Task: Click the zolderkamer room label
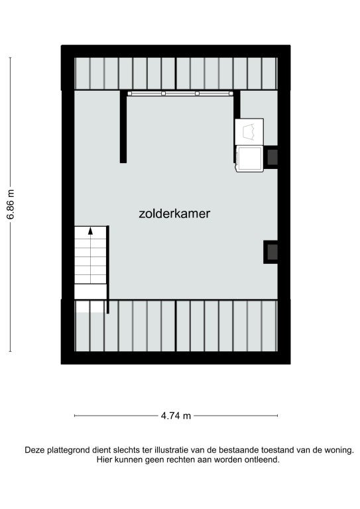[x=174, y=213]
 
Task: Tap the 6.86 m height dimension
[x=11, y=205]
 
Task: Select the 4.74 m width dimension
[x=176, y=416]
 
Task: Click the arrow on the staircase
[x=90, y=231]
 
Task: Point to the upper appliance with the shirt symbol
[x=249, y=132]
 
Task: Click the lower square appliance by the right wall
[x=249, y=158]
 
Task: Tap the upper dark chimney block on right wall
[x=270, y=158]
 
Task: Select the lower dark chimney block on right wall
[x=270, y=252]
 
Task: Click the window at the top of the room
[x=180, y=93]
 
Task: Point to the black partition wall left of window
[x=123, y=127]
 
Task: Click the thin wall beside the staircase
[x=108, y=270]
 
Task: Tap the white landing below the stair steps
[x=91, y=292]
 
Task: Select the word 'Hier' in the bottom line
[x=103, y=460]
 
